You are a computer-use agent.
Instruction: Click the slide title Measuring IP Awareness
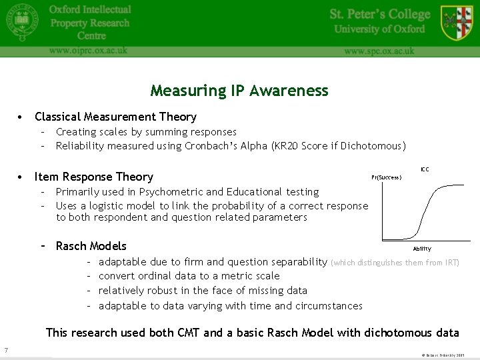(x=239, y=91)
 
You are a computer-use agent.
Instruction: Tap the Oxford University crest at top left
(x=22, y=23)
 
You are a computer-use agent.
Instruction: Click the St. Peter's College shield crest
(x=456, y=23)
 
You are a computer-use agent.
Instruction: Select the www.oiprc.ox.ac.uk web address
(x=87, y=50)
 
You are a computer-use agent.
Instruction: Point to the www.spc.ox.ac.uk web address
(x=379, y=51)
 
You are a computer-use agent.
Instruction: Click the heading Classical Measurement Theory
(x=115, y=117)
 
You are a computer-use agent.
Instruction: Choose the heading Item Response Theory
(x=94, y=177)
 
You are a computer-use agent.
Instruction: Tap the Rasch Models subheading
(x=91, y=246)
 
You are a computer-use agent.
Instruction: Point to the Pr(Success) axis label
(x=387, y=177)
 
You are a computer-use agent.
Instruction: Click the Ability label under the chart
(x=422, y=249)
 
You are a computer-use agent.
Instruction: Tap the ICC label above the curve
(x=425, y=169)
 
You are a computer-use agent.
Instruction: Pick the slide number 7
(x=5, y=351)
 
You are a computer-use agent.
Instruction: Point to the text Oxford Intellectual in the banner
(x=90, y=9)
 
